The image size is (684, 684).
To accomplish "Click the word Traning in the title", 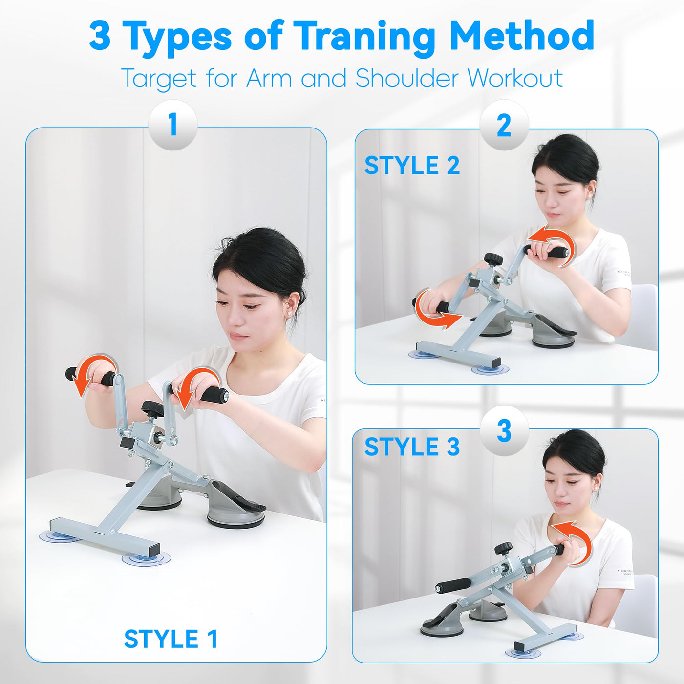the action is (364, 36).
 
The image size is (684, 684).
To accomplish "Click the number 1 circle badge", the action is (173, 125).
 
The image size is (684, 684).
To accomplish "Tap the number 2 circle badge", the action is (504, 125).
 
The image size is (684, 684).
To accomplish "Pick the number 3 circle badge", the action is (504, 431).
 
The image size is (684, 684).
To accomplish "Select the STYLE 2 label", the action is (412, 166).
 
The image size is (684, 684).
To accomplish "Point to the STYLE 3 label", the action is (412, 446).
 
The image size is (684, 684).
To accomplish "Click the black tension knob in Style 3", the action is (503, 549).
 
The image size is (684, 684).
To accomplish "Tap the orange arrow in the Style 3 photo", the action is (572, 541).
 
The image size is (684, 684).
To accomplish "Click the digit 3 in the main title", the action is (100, 36).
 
